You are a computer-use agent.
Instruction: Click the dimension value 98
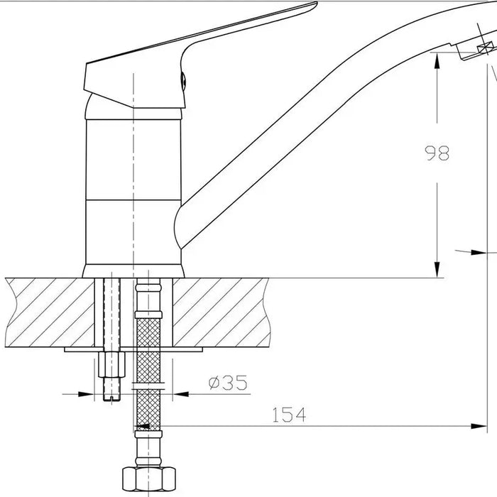pyautogui.click(x=437, y=153)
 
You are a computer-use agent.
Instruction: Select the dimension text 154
pyautogui.click(x=289, y=415)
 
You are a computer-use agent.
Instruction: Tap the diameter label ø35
pyautogui.click(x=228, y=383)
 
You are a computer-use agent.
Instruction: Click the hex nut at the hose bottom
pyautogui.click(x=148, y=479)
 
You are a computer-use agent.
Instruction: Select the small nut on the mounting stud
pyautogui.click(x=111, y=364)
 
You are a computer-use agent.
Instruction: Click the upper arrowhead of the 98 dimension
pyautogui.click(x=437, y=61)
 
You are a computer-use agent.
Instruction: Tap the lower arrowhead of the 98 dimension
pyautogui.click(x=437, y=270)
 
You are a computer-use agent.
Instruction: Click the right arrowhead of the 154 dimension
pyautogui.click(x=479, y=426)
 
